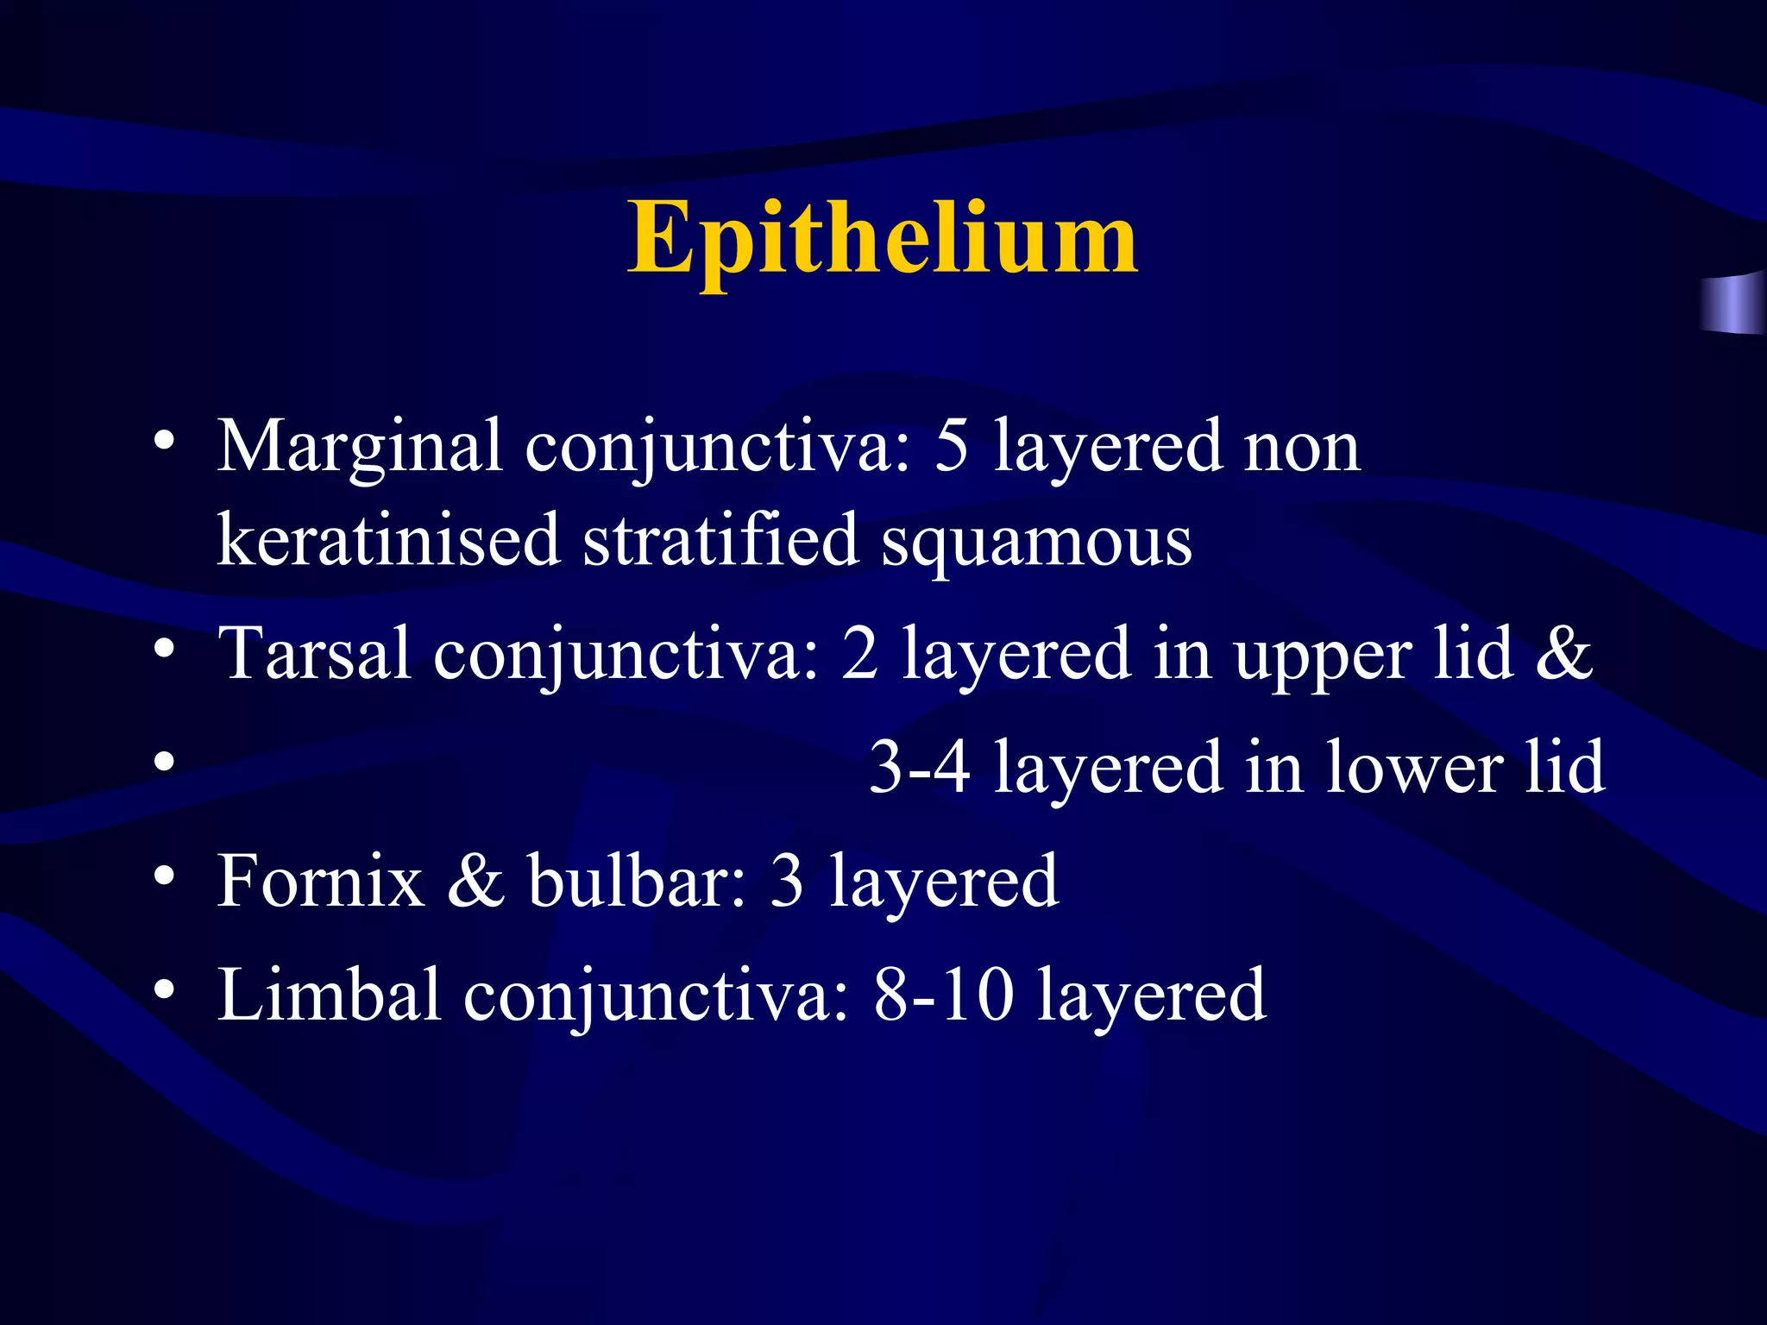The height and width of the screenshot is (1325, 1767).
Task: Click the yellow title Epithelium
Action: (x=882, y=238)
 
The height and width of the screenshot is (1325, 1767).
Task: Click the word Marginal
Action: (x=359, y=447)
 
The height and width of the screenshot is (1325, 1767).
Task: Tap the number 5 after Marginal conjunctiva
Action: (x=952, y=447)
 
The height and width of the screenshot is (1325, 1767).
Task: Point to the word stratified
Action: (x=720, y=540)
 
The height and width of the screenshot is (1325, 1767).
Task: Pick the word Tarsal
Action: (x=314, y=654)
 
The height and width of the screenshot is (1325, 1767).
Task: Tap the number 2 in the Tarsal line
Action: (x=859, y=654)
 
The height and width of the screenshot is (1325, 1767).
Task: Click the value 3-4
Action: (x=919, y=767)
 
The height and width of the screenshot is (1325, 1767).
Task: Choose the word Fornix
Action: (x=321, y=881)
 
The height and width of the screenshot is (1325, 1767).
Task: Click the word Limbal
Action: (x=330, y=995)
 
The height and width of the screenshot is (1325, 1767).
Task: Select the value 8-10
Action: (x=944, y=995)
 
